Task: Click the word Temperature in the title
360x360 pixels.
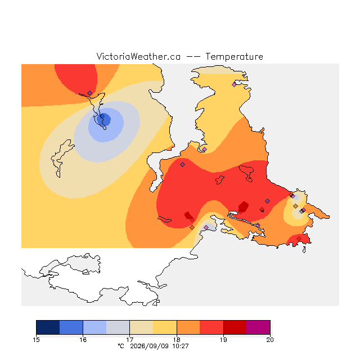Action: (234, 57)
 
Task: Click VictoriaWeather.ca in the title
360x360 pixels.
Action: (138, 57)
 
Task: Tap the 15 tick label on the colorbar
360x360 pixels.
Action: (36, 340)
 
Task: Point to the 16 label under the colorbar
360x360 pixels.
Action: (83, 340)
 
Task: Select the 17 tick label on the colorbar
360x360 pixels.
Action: (130, 340)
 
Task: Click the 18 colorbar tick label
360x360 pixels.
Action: (177, 340)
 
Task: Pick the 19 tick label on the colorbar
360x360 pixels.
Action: (223, 340)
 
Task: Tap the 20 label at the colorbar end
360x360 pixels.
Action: (270, 340)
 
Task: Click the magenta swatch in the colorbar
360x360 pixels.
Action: (258, 327)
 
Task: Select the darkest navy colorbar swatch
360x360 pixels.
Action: (48, 327)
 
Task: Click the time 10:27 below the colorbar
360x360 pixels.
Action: (181, 346)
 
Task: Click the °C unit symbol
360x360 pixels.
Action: (121, 346)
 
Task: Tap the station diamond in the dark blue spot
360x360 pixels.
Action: (102, 116)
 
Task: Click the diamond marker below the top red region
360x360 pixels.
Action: (90, 93)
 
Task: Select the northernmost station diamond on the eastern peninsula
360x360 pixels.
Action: (234, 85)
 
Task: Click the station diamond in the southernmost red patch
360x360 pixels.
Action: (299, 238)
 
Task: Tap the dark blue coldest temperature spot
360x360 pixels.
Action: (103, 119)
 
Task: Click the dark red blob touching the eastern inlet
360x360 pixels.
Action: (244, 206)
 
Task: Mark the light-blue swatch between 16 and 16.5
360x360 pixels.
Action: (94, 327)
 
